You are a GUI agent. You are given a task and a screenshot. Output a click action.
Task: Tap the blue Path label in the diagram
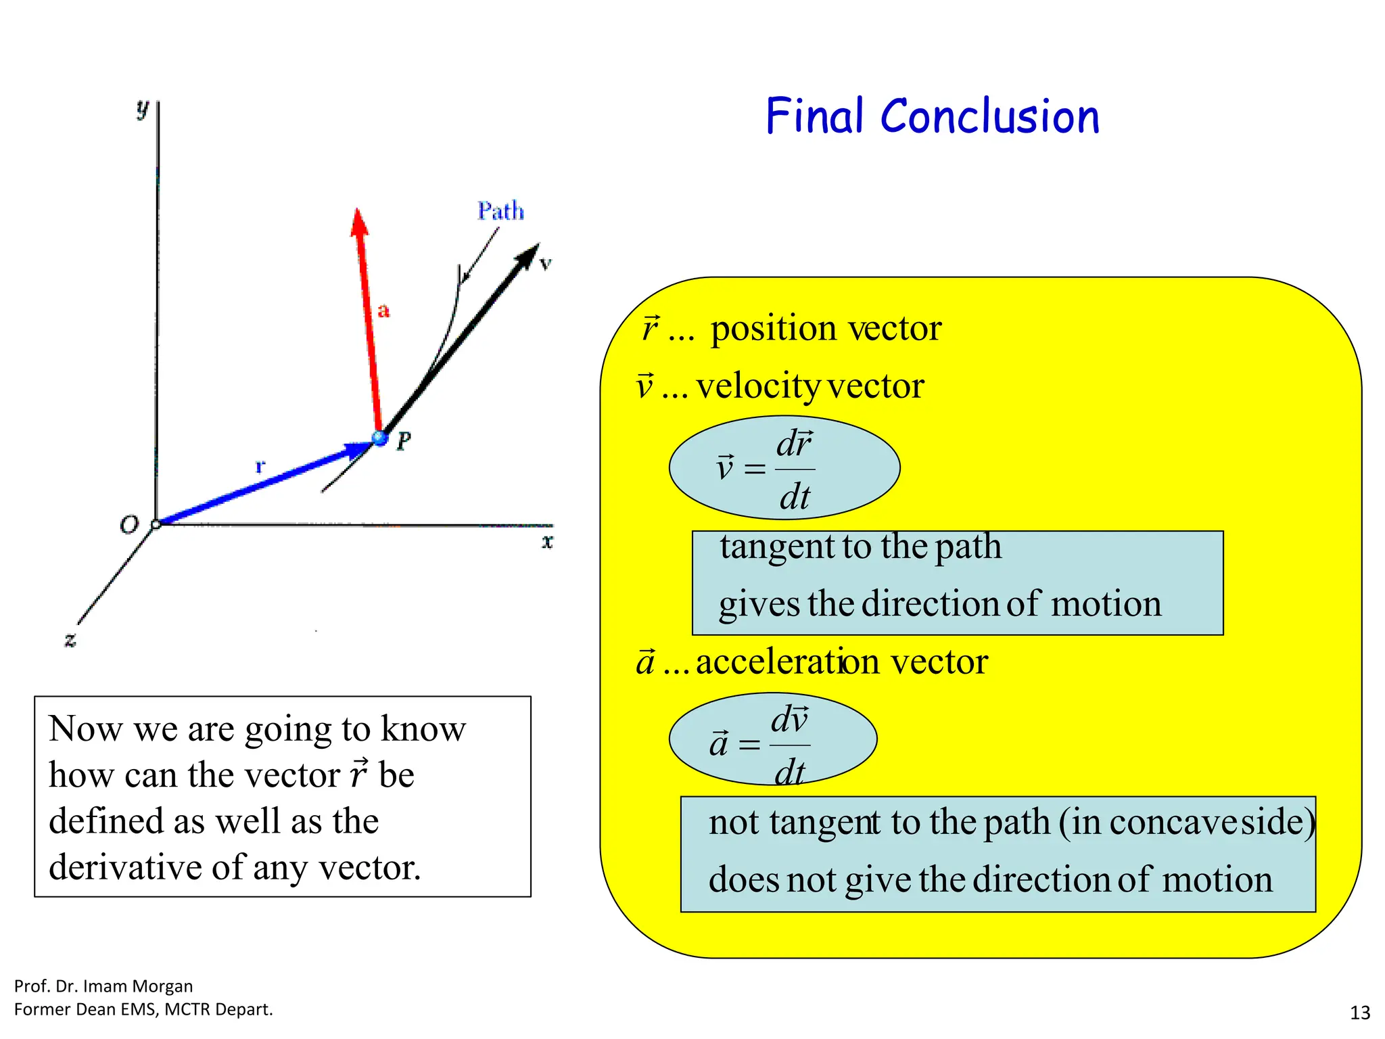point(500,211)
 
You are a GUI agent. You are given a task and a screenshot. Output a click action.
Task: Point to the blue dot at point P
point(380,438)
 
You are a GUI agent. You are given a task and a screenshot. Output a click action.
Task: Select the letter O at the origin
point(128,525)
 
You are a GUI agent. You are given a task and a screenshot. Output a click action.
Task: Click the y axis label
point(142,108)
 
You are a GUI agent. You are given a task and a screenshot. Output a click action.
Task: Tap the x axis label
point(547,541)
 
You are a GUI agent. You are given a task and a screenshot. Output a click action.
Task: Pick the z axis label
point(70,639)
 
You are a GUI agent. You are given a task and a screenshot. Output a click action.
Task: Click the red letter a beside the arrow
point(383,310)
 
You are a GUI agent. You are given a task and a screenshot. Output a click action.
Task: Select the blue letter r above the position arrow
point(260,466)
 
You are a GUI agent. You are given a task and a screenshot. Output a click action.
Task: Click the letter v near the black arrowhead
point(546,264)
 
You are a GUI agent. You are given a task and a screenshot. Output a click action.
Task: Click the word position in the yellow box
point(774,329)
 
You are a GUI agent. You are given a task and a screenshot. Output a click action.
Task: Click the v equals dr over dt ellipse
point(784,467)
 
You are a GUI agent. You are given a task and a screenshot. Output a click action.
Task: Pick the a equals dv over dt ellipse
point(772,739)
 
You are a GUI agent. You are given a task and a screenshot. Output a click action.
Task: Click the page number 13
point(1359,1013)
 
